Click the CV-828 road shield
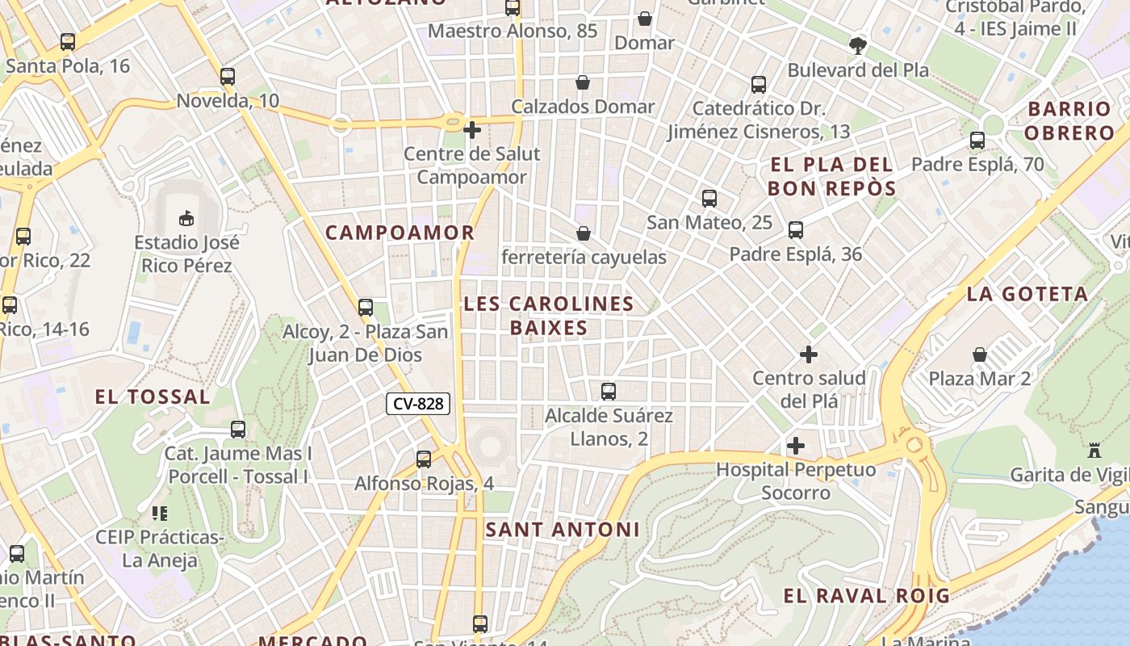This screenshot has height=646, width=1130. pos(417,404)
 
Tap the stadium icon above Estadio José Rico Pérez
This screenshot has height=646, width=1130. pos(186,218)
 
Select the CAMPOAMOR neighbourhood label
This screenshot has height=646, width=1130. pos(400,233)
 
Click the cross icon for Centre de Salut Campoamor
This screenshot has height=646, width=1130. pos(472,129)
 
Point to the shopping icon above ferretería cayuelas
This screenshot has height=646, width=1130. pos(584,233)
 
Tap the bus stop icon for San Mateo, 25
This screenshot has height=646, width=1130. pos(709,199)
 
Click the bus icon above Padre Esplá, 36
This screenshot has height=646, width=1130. pos(796,230)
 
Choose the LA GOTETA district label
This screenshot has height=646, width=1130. pos(1027,294)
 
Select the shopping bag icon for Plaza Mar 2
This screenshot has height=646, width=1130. pos(980,354)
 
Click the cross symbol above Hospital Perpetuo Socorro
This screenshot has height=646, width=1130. pos(796,446)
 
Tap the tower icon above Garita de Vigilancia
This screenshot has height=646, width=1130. pos(1094,451)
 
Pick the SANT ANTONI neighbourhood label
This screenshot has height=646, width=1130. pos(563,530)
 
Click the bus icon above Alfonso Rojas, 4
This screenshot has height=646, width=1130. pos(424,459)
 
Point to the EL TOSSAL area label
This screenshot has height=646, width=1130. pos(153,396)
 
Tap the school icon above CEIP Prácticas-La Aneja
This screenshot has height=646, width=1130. pos(159,514)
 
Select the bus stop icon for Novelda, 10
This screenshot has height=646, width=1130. pos(228,77)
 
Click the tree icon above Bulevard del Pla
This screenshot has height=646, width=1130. pos(858,46)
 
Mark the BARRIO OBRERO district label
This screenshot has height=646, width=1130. pos(1070,121)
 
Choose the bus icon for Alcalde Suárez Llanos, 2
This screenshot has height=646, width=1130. pos(609,392)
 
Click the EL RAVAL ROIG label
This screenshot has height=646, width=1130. pos(866,596)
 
